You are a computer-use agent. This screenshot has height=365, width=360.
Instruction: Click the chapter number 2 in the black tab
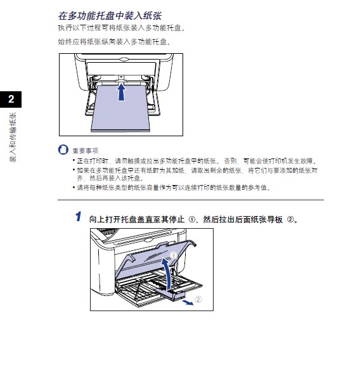(11, 99)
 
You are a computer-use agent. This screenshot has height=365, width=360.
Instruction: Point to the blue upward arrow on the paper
(121, 93)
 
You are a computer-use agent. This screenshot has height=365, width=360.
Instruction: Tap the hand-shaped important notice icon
(62, 150)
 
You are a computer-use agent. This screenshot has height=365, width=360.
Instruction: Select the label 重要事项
(85, 151)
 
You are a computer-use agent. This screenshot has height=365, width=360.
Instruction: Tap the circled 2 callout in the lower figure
(198, 299)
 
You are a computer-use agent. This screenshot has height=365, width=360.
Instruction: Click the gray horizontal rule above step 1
(190, 200)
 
